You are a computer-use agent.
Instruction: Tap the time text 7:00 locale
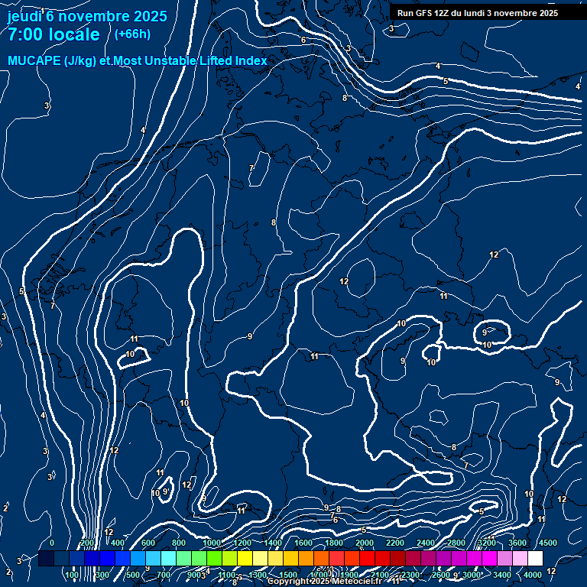[x=54, y=34]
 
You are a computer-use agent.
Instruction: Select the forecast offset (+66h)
[x=132, y=34]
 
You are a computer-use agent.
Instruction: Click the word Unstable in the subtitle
[x=172, y=60]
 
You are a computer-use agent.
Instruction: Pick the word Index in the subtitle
[x=251, y=60]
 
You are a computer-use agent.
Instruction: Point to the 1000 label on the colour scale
[x=212, y=543]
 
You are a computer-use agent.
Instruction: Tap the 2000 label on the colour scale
[x=365, y=543]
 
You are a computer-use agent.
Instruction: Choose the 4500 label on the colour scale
[x=547, y=543]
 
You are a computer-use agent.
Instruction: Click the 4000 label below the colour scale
[x=533, y=575]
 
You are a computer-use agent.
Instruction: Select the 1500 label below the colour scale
[x=288, y=575]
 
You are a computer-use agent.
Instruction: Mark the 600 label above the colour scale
[x=148, y=543]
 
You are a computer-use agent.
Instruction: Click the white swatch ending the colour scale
[x=535, y=559]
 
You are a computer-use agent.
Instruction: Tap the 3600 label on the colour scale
[x=517, y=543]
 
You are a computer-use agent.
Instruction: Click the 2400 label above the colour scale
[x=426, y=543]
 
